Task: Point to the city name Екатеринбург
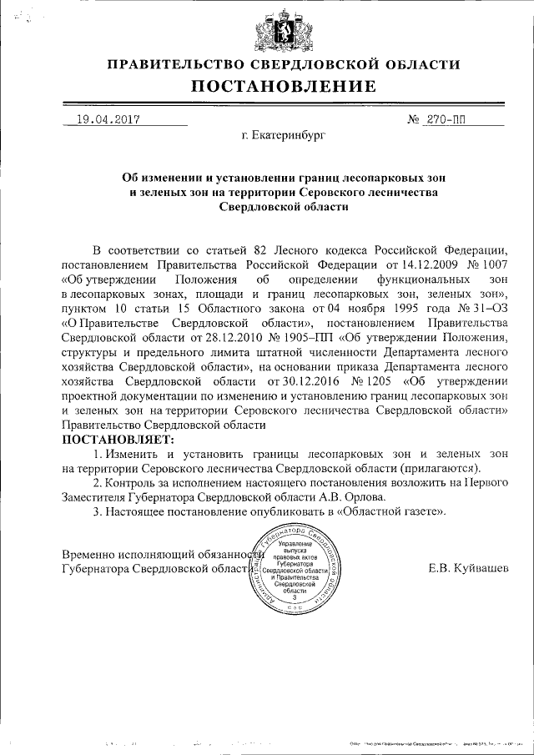[x=282, y=133]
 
